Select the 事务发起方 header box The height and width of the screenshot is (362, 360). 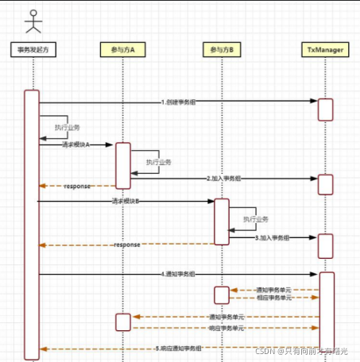(x=33, y=50)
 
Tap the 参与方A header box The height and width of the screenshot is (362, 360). (x=123, y=50)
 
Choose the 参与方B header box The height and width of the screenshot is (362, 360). (x=222, y=50)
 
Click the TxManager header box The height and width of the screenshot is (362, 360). (x=325, y=50)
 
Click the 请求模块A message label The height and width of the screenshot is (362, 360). (x=75, y=144)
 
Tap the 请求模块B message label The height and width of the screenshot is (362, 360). (x=126, y=202)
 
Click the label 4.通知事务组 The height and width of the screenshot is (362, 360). (x=180, y=274)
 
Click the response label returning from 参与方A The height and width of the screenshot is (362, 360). (x=77, y=186)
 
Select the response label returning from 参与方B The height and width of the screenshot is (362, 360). (x=126, y=245)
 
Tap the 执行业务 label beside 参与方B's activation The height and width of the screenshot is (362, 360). (x=257, y=218)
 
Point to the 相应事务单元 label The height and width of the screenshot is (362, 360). (x=273, y=298)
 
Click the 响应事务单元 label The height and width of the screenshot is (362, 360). (x=226, y=327)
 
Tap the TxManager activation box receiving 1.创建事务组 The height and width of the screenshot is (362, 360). (x=325, y=109)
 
